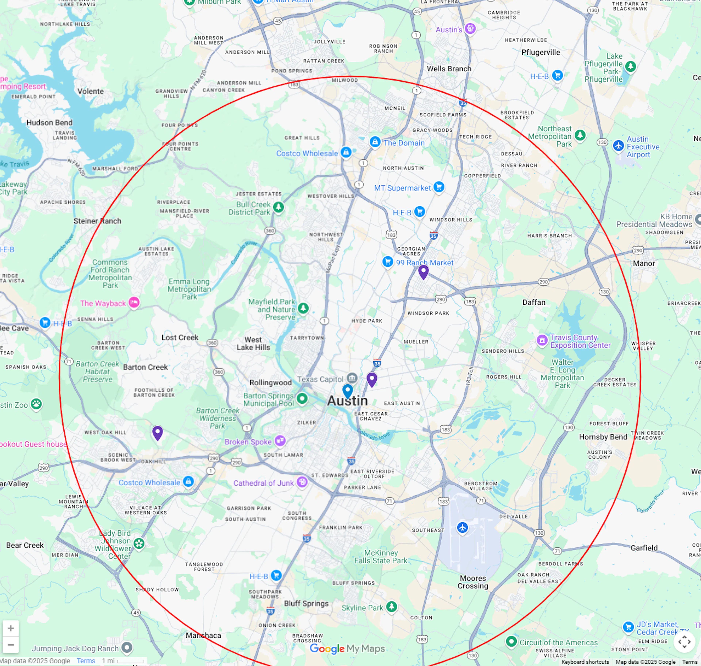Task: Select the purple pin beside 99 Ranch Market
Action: point(423,272)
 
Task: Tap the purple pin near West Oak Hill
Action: point(158,432)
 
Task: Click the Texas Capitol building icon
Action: point(352,377)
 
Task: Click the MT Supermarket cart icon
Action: point(439,187)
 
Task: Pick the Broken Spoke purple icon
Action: point(280,441)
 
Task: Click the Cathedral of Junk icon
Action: point(302,482)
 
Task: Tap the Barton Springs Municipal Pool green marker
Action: point(302,398)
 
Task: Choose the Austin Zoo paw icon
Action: point(36,404)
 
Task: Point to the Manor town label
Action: point(644,263)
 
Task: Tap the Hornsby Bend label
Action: point(603,437)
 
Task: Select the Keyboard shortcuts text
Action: point(585,662)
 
